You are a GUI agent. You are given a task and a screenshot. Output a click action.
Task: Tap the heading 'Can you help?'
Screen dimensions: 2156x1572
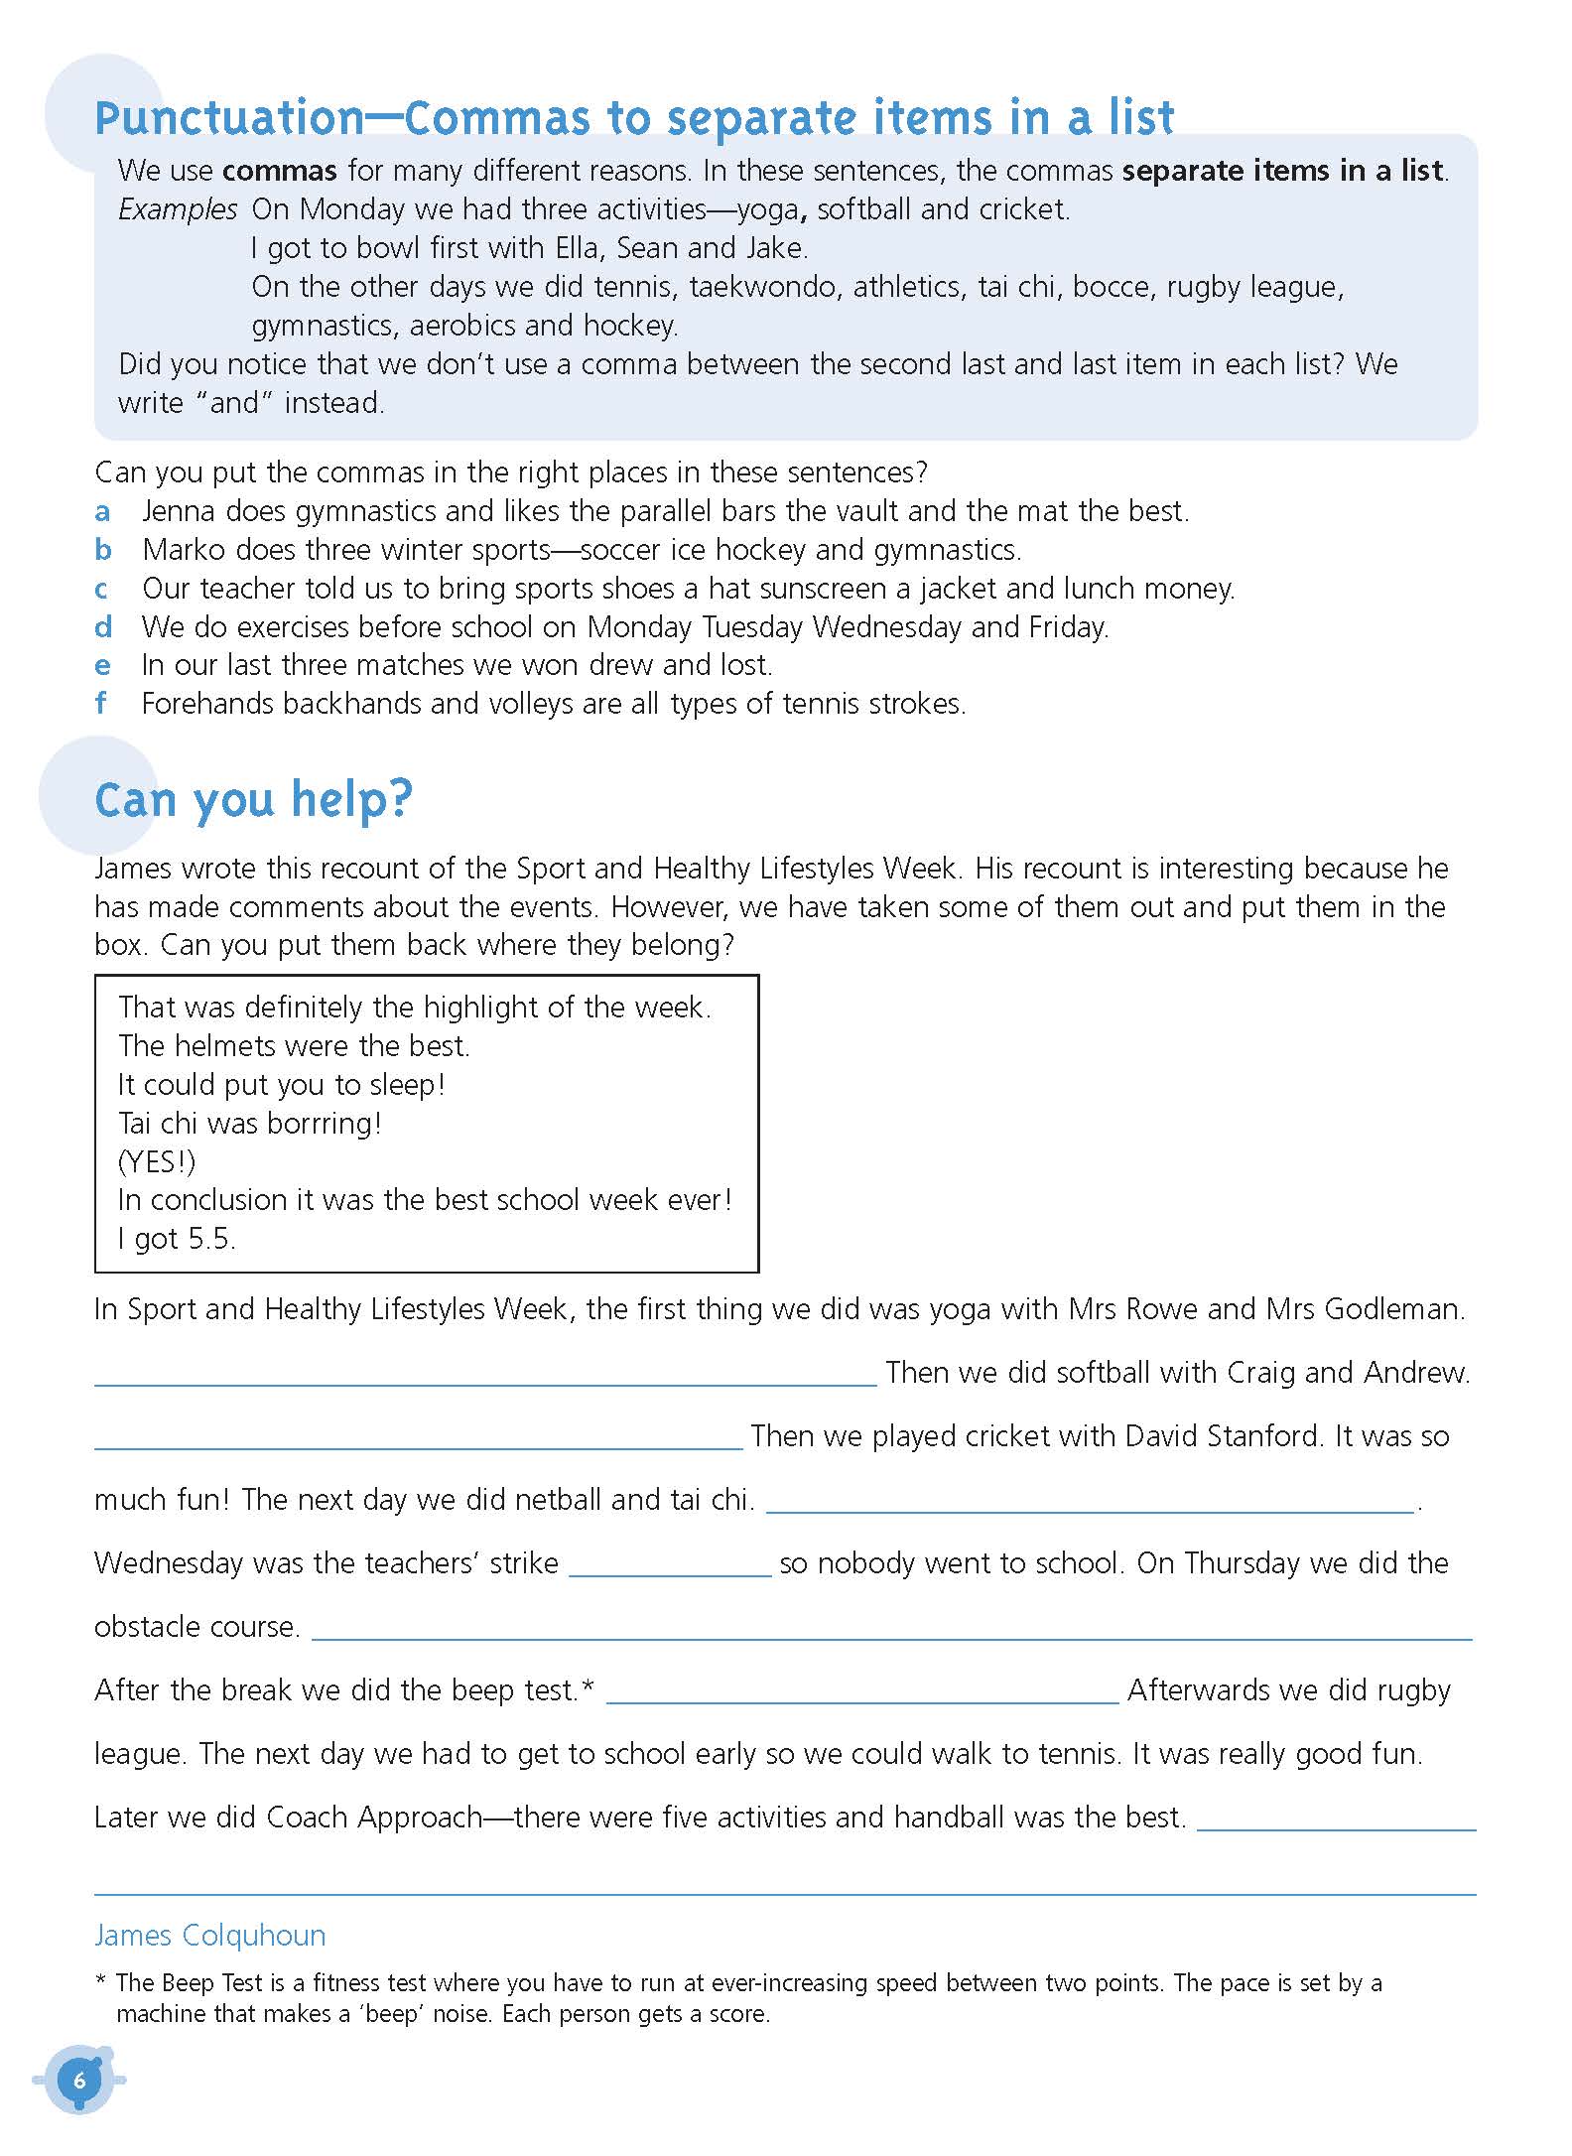click(253, 799)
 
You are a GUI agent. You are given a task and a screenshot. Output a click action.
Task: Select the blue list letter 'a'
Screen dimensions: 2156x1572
click(102, 512)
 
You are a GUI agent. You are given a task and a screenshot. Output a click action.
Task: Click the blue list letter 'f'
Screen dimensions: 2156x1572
click(100, 704)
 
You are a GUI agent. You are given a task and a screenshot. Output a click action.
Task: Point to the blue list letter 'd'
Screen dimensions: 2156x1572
click(103, 627)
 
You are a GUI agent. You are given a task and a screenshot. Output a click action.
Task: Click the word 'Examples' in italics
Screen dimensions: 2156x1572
click(178, 209)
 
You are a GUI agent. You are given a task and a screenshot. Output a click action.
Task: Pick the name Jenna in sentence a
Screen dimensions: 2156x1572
click(179, 511)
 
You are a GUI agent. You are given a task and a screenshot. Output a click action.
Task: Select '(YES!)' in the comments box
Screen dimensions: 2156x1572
click(157, 1161)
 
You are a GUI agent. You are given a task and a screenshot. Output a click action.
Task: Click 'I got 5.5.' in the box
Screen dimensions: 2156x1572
click(177, 1239)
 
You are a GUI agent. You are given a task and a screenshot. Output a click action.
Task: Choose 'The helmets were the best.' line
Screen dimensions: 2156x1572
click(294, 1046)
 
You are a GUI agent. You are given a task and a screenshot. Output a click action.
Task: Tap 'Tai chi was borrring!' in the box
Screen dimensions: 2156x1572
click(249, 1124)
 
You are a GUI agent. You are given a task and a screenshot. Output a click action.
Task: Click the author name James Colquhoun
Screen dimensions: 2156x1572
click(209, 1936)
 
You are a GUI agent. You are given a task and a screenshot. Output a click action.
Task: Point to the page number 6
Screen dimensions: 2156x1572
click(79, 2081)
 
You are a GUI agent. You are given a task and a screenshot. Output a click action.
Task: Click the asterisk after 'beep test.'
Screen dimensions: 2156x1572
click(589, 1686)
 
